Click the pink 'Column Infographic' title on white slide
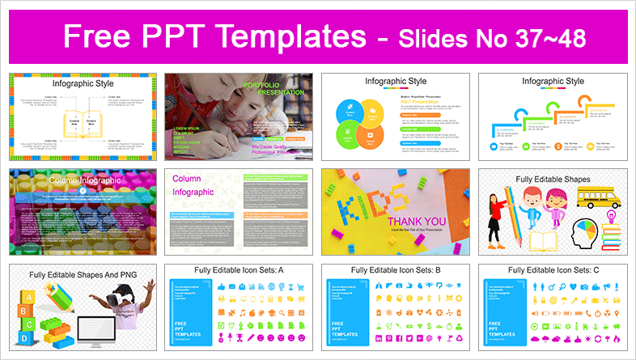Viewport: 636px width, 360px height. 192,185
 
